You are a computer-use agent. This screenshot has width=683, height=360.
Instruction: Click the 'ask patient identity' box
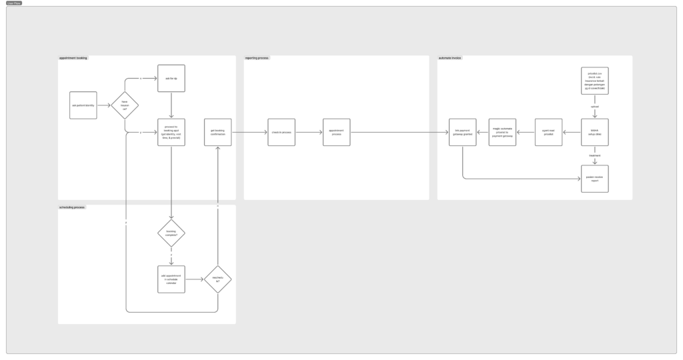pos(83,105)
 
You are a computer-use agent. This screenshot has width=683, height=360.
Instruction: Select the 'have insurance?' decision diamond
pos(125,105)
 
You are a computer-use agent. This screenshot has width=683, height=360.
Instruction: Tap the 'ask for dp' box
pos(171,79)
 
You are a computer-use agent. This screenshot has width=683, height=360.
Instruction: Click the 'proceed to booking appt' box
pos(171,133)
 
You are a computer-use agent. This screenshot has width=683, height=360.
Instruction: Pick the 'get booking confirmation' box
pos(217,133)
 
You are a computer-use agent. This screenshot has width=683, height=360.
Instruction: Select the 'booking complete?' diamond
pos(171,233)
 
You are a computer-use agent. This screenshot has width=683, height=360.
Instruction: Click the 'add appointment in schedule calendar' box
pos(171,279)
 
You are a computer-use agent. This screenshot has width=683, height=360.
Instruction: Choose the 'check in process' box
pos(281,133)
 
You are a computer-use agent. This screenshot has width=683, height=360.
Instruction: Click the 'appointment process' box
pos(336,133)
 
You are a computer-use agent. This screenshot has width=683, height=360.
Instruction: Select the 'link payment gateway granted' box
pos(463,133)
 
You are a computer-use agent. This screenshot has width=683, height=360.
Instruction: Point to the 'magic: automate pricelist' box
pos(502,133)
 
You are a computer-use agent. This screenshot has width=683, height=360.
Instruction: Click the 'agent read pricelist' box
pos(548,133)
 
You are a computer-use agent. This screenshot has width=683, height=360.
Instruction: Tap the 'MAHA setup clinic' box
pos(594,133)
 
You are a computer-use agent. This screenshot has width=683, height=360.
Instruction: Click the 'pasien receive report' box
pos(594,179)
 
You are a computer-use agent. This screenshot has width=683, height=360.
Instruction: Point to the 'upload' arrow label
pos(594,106)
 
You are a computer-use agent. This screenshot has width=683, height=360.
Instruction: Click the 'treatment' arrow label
pos(594,155)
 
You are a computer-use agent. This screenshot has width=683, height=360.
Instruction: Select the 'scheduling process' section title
pos(72,207)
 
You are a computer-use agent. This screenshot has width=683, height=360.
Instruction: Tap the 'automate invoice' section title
pos(450,58)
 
